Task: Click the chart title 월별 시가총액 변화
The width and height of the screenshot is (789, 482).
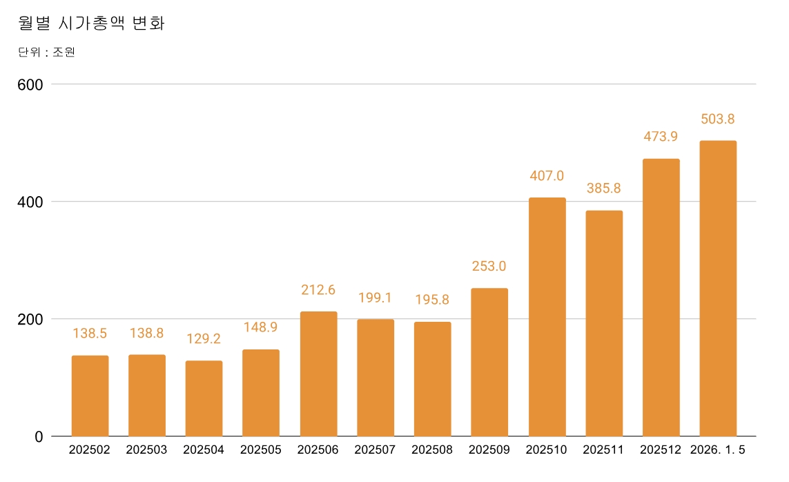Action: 91,23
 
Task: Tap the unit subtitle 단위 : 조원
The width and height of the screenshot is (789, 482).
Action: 46,52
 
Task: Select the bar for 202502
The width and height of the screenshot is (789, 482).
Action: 90,396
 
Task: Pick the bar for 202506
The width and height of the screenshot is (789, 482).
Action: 319,374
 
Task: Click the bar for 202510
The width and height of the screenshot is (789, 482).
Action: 547,317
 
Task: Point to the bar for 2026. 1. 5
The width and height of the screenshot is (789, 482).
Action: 718,289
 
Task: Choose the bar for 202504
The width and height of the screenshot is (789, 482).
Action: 204,398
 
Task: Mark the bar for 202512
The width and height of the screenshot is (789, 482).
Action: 661,298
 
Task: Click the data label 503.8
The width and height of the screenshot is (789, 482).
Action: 718,119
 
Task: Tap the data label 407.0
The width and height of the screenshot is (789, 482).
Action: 547,176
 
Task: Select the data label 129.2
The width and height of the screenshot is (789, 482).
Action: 204,339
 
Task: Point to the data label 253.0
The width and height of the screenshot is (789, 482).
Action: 489,267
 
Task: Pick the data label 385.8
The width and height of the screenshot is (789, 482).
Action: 604,188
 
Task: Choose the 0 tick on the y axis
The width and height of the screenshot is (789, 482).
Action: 39,436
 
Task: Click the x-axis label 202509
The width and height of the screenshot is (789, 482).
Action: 489,450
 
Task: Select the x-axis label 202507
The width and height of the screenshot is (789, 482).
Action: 376,450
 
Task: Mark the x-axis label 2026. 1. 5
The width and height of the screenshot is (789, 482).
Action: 718,450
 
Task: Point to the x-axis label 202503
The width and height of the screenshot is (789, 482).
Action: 147,450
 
